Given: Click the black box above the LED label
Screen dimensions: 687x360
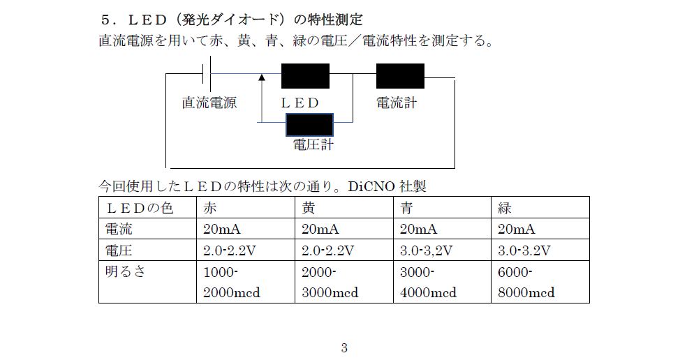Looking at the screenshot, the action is click(x=305, y=76).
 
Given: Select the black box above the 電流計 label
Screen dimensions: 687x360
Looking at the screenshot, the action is click(x=400, y=76).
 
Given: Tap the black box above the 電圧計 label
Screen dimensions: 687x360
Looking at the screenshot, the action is click(x=309, y=125).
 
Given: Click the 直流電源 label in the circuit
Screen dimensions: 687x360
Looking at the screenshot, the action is click(x=209, y=103).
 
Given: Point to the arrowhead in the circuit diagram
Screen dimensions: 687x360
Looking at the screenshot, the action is click(x=262, y=77).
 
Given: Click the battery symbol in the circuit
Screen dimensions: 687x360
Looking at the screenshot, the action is click(x=207, y=73).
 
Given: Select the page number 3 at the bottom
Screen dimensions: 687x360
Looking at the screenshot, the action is click(x=344, y=347).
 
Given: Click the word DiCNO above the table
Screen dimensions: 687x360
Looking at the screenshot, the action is click(x=371, y=186).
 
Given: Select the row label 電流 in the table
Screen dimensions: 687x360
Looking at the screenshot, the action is click(x=118, y=229).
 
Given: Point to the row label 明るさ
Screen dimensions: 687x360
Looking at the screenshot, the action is click(x=125, y=271).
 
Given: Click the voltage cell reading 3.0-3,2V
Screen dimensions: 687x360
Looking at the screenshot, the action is click(x=426, y=250).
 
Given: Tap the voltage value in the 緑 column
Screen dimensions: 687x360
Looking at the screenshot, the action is click(x=524, y=250).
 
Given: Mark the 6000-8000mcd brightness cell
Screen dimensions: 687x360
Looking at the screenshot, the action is click(x=526, y=282).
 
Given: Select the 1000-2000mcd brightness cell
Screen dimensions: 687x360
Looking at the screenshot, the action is click(x=232, y=282).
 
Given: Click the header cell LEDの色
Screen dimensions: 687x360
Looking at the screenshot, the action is click(x=140, y=208).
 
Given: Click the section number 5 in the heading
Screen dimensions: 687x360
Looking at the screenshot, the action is click(x=105, y=20).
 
